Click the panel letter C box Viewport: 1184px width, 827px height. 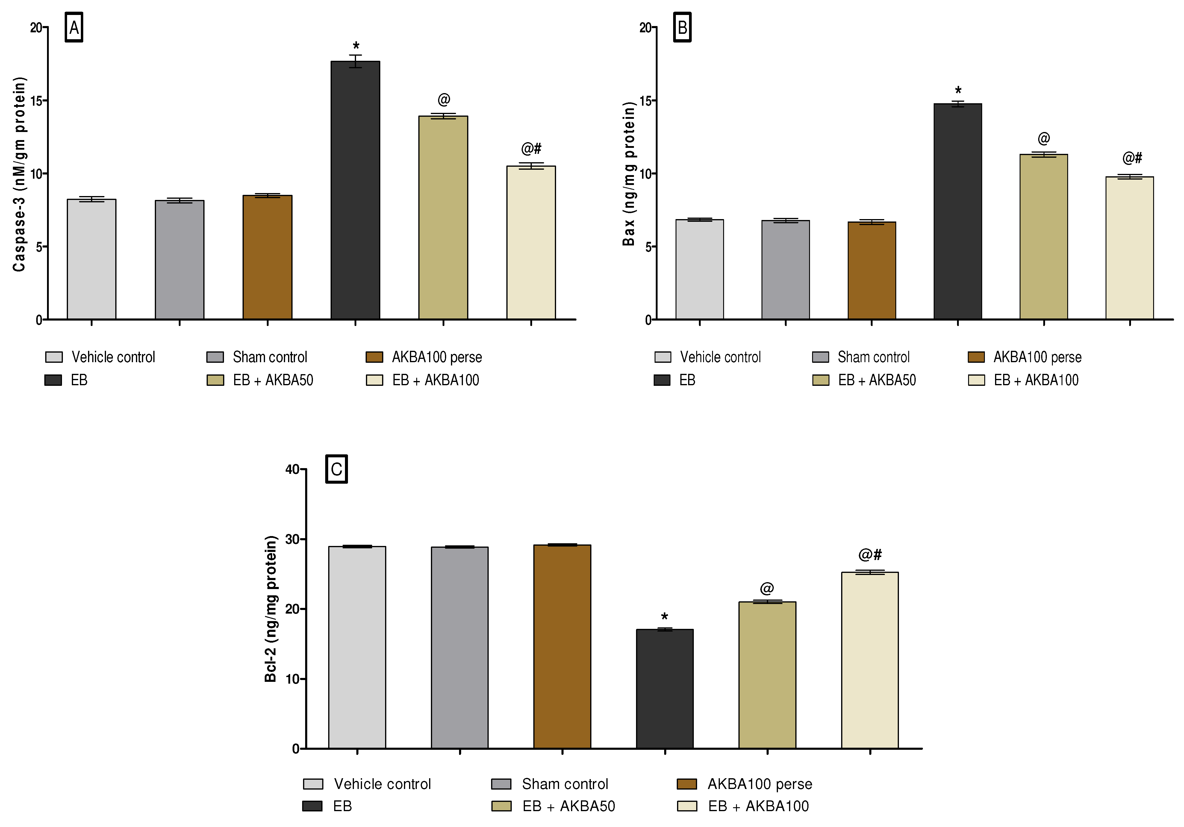click(x=336, y=469)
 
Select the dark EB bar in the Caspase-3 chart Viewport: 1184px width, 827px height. click(x=355, y=191)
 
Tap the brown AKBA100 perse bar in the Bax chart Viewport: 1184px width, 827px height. click(x=871, y=271)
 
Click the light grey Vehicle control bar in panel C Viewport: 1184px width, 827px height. click(x=357, y=647)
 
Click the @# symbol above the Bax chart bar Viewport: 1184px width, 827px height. click(x=1132, y=158)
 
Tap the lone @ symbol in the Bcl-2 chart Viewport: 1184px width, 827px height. click(x=767, y=588)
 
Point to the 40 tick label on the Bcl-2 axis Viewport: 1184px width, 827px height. click(x=292, y=469)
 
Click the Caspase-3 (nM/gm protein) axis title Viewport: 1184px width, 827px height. click(x=19, y=174)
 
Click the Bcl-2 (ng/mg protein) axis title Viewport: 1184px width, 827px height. click(x=271, y=609)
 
